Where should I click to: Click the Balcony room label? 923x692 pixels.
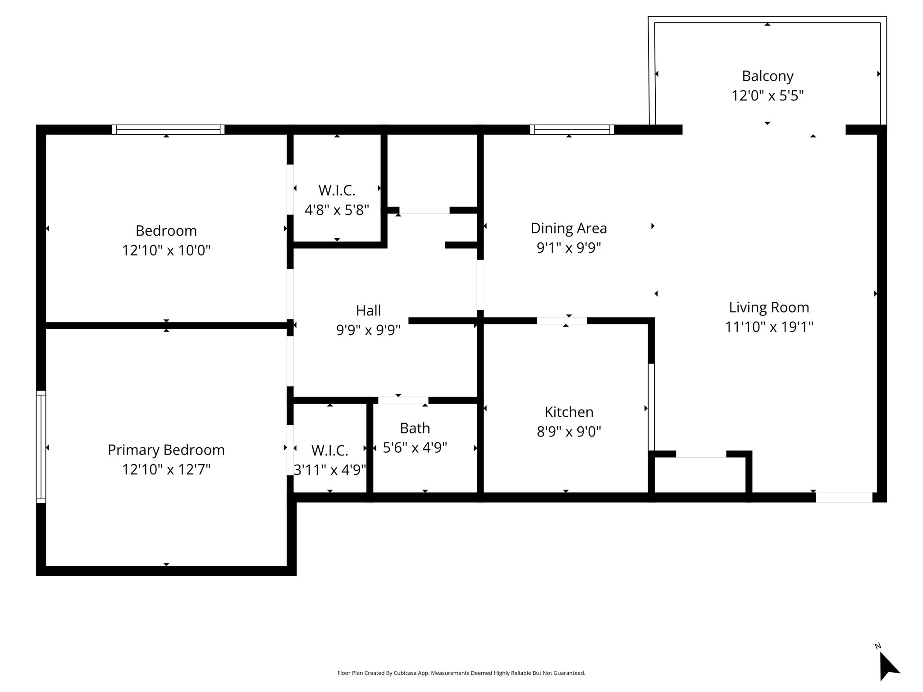[x=768, y=76]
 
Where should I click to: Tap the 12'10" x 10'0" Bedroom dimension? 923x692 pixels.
[x=166, y=250]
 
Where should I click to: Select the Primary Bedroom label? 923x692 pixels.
[x=166, y=450]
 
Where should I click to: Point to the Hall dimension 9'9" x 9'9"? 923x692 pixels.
[x=368, y=330]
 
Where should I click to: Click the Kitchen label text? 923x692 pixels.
[x=569, y=412]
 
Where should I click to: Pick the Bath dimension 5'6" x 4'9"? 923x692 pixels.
[x=415, y=447]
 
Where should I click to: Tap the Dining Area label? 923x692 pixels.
[x=569, y=228]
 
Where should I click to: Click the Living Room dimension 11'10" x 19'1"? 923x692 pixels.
[x=769, y=327]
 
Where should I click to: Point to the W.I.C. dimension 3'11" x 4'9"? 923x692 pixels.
[x=330, y=470]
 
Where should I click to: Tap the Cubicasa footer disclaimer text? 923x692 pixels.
[x=461, y=673]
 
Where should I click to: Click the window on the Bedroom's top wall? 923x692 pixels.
[x=168, y=130]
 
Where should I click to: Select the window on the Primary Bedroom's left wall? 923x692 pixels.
[x=41, y=446]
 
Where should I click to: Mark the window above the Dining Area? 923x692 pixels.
[x=572, y=130]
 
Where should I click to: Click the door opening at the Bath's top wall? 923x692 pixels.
[x=403, y=400]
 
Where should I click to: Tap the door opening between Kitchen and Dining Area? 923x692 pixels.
[x=562, y=321]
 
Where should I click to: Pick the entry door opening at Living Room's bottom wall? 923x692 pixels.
[x=844, y=497]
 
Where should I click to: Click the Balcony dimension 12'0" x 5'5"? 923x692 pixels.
[x=768, y=96]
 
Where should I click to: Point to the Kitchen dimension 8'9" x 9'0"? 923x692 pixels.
[x=569, y=432]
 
